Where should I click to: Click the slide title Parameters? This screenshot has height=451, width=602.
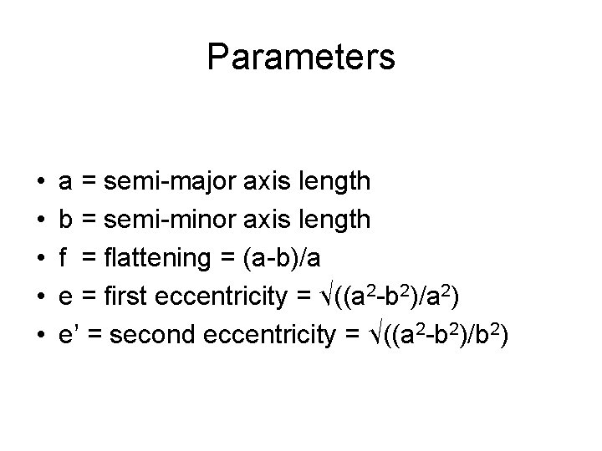point(301,58)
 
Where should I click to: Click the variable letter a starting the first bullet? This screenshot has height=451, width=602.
point(65,181)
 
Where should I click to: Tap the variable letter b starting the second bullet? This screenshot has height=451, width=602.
point(65,219)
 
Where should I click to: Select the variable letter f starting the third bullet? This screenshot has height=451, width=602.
point(64,258)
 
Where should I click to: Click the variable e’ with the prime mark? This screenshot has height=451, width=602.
point(69,336)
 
